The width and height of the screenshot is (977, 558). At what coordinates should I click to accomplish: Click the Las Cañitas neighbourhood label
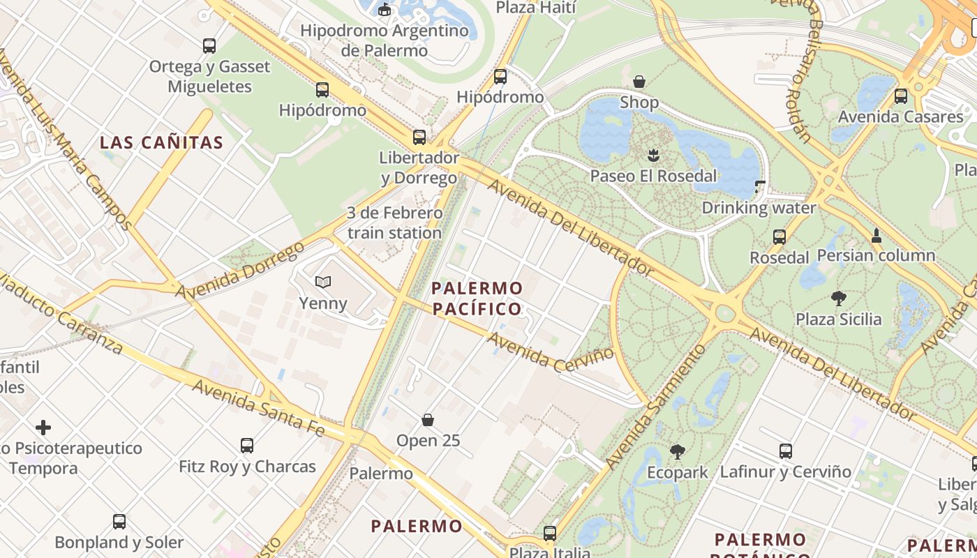pyautogui.click(x=161, y=143)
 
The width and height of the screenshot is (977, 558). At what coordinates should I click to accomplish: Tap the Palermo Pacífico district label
pyautogui.click(x=477, y=299)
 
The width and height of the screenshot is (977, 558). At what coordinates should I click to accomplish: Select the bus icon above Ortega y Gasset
pyautogui.click(x=209, y=46)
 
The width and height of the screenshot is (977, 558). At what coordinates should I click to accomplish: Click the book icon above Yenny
pyautogui.click(x=322, y=282)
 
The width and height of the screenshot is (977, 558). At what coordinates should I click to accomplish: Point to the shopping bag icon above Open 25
pyautogui.click(x=428, y=420)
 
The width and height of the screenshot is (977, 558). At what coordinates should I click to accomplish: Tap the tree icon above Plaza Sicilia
pyautogui.click(x=839, y=299)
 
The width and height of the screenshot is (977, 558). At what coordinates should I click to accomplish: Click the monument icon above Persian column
pyautogui.click(x=877, y=235)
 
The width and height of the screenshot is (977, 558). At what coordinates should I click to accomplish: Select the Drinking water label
pyautogui.click(x=759, y=208)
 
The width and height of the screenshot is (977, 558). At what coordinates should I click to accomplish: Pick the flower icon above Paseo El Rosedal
pyautogui.click(x=653, y=154)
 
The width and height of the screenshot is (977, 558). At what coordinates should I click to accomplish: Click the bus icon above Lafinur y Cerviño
pyautogui.click(x=786, y=451)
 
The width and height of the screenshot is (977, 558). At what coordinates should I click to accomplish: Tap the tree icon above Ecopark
pyautogui.click(x=677, y=451)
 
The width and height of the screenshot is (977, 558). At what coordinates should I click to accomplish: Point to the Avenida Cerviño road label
pyautogui.click(x=551, y=352)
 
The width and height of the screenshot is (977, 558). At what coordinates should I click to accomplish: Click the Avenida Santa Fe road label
pyautogui.click(x=258, y=408)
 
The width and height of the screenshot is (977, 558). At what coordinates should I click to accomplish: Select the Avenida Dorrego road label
pyautogui.click(x=240, y=271)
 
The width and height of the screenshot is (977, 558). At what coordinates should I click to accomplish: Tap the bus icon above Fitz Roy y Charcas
pyautogui.click(x=247, y=445)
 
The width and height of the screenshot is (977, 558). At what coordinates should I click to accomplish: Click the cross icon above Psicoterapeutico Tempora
pyautogui.click(x=43, y=427)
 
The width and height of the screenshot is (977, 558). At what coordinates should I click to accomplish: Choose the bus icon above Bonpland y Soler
pyautogui.click(x=119, y=521)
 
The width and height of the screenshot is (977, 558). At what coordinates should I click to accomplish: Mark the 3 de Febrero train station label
pyautogui.click(x=394, y=223)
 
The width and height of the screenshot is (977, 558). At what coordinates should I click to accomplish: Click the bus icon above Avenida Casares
pyautogui.click(x=901, y=96)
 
